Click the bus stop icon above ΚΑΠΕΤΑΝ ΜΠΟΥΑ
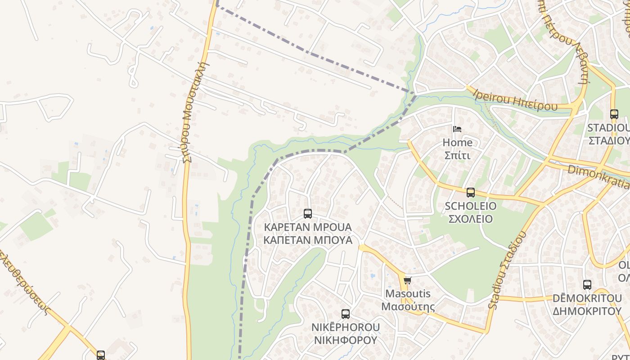click(x=308, y=214)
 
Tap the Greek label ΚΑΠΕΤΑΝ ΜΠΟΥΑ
click(x=308, y=240)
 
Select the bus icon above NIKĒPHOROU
click(x=346, y=314)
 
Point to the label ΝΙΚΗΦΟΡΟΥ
click(x=346, y=340)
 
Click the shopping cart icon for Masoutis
click(x=408, y=281)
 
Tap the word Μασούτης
click(x=408, y=307)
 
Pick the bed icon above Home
click(x=457, y=130)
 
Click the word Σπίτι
click(x=457, y=155)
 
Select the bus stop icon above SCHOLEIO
click(x=471, y=193)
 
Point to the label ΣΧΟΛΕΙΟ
click(x=471, y=219)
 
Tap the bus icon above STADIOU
click(x=614, y=114)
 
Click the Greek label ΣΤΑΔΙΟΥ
click(x=609, y=140)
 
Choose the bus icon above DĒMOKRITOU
click(x=587, y=285)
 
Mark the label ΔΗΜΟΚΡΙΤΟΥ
click(x=587, y=311)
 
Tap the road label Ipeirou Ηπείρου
click(x=515, y=99)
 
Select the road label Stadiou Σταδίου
click(x=507, y=270)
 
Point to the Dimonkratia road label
click(x=598, y=176)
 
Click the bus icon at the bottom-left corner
click(x=101, y=355)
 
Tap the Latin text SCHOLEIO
click(x=471, y=206)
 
